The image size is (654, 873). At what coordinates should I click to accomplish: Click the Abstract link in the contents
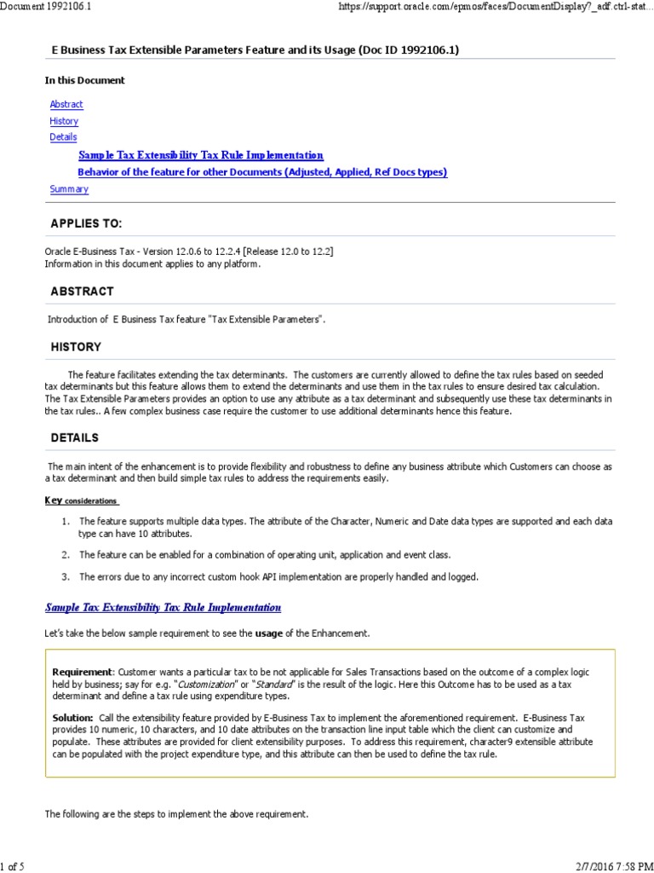[x=66, y=104]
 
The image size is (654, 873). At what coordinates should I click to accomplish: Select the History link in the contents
[x=64, y=121]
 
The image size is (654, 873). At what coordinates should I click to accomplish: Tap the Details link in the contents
[x=63, y=136]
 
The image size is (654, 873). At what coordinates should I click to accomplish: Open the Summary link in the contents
[x=69, y=189]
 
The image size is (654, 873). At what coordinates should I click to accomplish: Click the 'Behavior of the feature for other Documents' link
[x=262, y=172]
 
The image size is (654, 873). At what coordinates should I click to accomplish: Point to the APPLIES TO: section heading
[x=86, y=223]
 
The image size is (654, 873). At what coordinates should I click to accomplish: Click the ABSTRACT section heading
[x=82, y=291]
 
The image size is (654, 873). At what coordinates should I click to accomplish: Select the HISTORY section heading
[x=76, y=347]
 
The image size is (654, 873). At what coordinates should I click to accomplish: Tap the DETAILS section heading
[x=75, y=437]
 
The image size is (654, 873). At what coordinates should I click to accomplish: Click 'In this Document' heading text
[x=84, y=80]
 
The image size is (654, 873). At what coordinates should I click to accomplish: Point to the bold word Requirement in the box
[x=82, y=672]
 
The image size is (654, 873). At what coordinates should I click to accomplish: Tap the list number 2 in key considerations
[x=65, y=554]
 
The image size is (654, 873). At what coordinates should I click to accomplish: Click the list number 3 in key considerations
[x=65, y=577]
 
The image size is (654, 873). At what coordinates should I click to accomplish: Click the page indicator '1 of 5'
[x=13, y=866]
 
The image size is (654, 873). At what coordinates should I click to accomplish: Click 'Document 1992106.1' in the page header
[x=46, y=6]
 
